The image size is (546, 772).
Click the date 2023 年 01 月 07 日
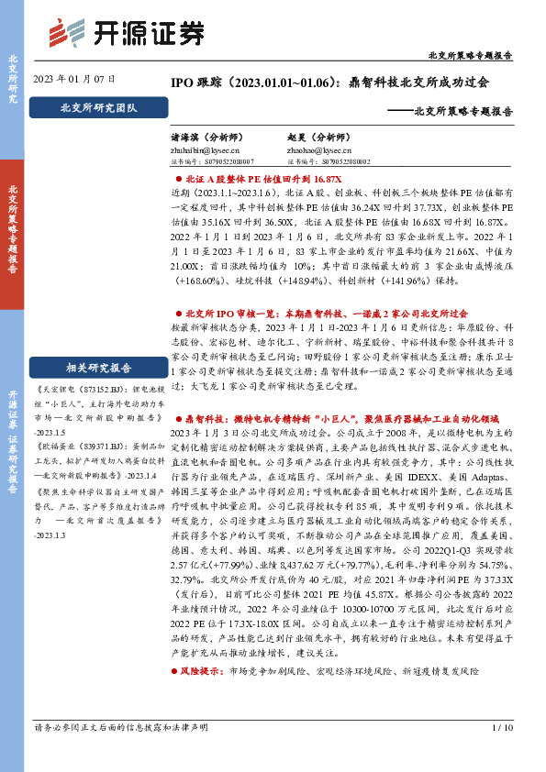tap(67, 80)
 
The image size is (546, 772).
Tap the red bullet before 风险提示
tap(176, 698)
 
